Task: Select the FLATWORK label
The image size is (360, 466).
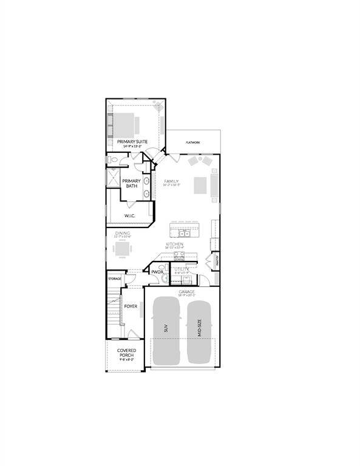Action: click(x=194, y=143)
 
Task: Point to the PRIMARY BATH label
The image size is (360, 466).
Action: click(x=131, y=183)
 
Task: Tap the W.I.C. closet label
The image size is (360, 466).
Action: click(x=130, y=215)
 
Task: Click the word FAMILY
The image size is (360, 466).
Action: click(x=171, y=181)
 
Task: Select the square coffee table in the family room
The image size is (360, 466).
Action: click(x=201, y=185)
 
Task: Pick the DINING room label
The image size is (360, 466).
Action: click(x=123, y=232)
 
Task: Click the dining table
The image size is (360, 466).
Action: click(x=123, y=249)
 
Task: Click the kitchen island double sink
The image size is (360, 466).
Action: click(x=184, y=233)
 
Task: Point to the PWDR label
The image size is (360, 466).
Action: click(x=157, y=272)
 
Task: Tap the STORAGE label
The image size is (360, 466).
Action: click(x=115, y=279)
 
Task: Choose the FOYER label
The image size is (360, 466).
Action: click(x=131, y=306)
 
